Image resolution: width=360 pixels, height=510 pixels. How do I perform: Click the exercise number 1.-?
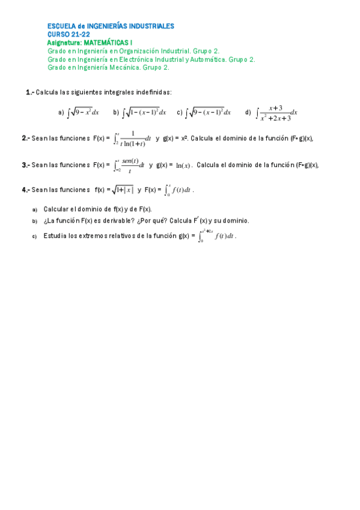point(29,92)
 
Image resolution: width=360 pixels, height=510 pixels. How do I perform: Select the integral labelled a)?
point(83,112)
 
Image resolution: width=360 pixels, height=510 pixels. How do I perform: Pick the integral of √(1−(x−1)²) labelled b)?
point(144,112)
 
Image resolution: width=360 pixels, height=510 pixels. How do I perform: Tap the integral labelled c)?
point(209,112)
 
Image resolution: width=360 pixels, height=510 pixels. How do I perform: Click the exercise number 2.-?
point(25,138)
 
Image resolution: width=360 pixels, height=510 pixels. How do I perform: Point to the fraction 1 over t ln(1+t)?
point(132,139)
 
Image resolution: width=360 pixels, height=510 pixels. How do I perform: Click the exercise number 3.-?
point(25,165)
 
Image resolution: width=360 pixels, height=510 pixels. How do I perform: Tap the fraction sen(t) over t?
point(130,165)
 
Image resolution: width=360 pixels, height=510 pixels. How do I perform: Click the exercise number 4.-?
point(25,190)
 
